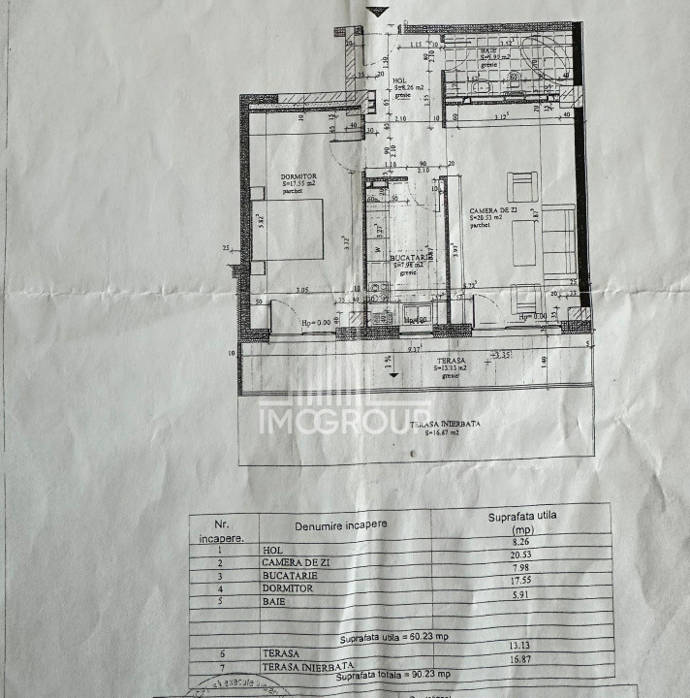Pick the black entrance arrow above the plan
point(378,12)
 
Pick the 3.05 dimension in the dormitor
point(301,290)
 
